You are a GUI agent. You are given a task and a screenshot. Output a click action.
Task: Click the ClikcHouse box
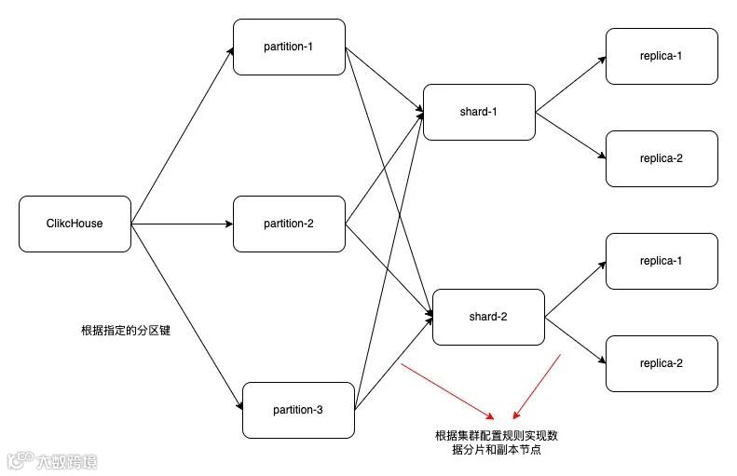(x=75, y=224)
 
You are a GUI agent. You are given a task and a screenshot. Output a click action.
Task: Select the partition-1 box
(x=289, y=47)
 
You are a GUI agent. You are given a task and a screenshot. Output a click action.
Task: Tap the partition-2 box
(x=289, y=224)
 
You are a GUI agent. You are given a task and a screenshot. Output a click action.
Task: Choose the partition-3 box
(x=298, y=410)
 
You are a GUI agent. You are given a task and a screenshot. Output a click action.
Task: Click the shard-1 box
(x=479, y=112)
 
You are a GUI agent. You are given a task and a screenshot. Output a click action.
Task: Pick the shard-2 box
(x=488, y=317)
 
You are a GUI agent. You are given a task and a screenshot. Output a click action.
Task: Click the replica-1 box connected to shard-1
(x=662, y=56)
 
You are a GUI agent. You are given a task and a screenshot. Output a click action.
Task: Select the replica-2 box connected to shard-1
(x=662, y=158)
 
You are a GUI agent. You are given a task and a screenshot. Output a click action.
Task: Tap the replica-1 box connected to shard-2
(x=662, y=261)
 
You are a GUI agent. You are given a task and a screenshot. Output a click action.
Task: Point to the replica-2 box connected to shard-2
(x=662, y=363)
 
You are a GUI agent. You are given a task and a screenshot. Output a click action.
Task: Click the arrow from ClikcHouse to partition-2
(x=182, y=224)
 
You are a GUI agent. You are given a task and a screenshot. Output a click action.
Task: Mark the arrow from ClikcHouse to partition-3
(x=186, y=317)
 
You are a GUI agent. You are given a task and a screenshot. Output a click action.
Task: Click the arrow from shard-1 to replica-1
(x=570, y=85)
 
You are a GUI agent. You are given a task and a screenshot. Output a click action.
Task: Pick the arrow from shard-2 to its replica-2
(x=576, y=340)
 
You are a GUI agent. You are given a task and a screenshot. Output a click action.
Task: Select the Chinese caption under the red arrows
(x=497, y=442)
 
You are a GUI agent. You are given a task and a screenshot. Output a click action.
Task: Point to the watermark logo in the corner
(x=52, y=461)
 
